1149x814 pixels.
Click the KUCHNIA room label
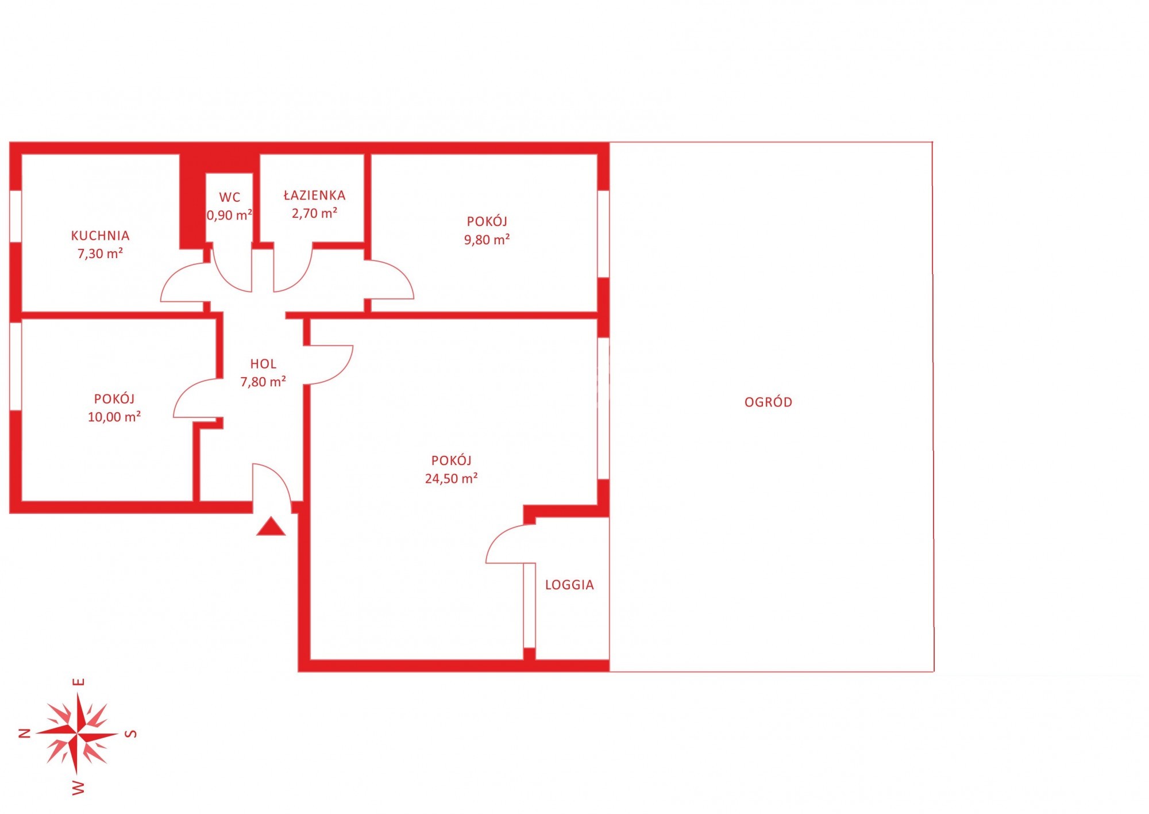100,235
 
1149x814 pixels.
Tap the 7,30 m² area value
100,254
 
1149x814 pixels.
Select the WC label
230,197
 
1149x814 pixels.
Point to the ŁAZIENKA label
314,195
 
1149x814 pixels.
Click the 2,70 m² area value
314,213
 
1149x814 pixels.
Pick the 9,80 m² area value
487,240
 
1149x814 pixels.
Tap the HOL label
263,363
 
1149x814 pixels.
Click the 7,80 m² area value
263,382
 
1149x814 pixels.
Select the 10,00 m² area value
114,417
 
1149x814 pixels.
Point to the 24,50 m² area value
451,478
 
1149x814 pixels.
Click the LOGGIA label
569,585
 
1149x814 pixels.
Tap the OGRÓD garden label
768,402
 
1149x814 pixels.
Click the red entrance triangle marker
271,527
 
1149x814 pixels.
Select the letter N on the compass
25,733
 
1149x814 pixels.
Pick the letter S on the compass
132,734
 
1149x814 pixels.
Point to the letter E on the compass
79,682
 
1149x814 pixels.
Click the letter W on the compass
79,788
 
